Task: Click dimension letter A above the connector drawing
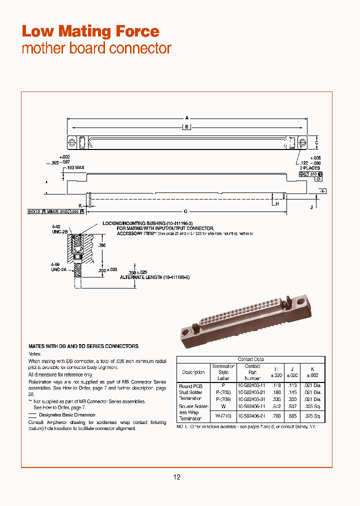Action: pyautogui.click(x=186, y=118)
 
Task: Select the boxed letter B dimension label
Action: pyautogui.click(x=186, y=127)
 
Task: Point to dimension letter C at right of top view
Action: pyautogui.click(x=316, y=142)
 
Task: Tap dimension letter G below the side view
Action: pyautogui.click(x=186, y=211)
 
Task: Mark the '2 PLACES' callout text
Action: pyautogui.click(x=309, y=168)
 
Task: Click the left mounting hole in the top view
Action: pyautogui.click(x=71, y=142)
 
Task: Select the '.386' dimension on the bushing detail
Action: pyautogui.click(x=102, y=245)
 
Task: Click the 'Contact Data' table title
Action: pyautogui.click(x=250, y=359)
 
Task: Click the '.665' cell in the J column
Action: pyautogui.click(x=294, y=415)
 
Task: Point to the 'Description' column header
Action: pyautogui.click(x=193, y=372)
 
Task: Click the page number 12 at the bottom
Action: pyautogui.click(x=176, y=477)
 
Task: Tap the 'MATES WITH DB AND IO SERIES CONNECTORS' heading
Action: pyautogui.click(x=83, y=346)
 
